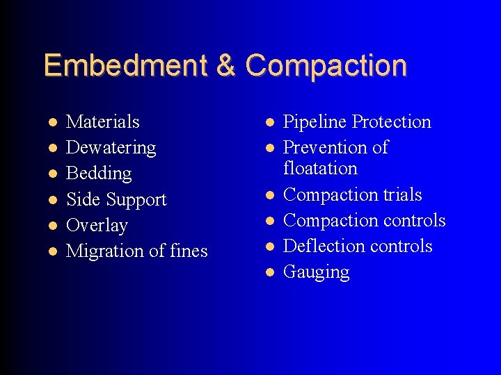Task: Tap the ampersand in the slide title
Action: click(226, 65)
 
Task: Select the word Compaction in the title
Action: click(326, 65)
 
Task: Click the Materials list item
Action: click(102, 122)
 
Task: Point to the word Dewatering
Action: click(111, 147)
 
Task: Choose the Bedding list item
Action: click(98, 173)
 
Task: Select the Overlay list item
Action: click(97, 225)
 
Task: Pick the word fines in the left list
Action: click(189, 251)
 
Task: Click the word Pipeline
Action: click(315, 122)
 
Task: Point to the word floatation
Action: click(320, 168)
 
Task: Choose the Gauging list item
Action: click(316, 272)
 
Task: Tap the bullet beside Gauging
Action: click(269, 272)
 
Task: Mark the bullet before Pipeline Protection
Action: click(269, 122)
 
